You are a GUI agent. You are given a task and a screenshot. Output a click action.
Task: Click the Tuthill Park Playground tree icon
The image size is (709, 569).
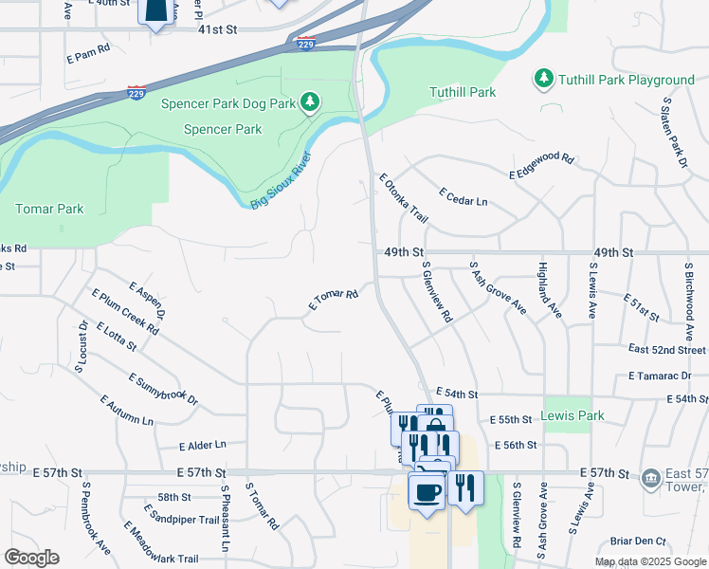[543, 77]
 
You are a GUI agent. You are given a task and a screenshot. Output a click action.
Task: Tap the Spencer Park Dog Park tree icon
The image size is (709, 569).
[309, 101]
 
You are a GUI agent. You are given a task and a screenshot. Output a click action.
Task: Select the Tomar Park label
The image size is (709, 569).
[49, 209]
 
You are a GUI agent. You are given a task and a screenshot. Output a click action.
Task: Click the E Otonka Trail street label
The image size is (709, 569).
[404, 198]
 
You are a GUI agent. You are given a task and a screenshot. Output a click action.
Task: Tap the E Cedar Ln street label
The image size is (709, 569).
[463, 196]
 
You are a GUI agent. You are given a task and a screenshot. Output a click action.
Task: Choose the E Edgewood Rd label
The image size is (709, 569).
[542, 166]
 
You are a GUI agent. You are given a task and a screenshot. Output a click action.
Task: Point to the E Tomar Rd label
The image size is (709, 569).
[333, 301]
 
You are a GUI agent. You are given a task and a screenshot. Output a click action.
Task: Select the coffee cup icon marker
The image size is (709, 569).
[426, 492]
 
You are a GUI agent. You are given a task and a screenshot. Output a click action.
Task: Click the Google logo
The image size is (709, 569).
[30, 558]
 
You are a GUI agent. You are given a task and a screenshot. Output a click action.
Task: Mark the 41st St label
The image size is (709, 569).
[216, 30]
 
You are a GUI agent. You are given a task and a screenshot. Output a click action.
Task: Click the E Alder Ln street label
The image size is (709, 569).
[203, 444]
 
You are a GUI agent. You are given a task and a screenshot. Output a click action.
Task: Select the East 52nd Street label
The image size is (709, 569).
[667, 350]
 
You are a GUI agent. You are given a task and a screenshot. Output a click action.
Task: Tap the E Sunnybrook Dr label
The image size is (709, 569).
[163, 390]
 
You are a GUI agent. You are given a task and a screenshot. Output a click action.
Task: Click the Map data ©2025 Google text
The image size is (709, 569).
[648, 561]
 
